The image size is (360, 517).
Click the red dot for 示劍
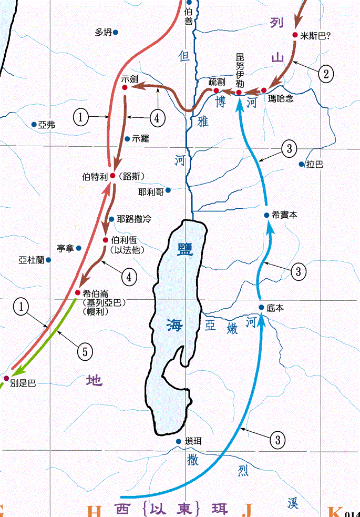(125, 88)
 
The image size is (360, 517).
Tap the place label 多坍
(103, 32)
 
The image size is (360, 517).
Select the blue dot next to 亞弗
(34, 125)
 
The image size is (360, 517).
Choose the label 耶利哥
(151, 191)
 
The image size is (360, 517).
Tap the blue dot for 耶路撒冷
(111, 219)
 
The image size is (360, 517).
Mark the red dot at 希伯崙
(78, 293)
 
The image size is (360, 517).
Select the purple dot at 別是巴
(6, 378)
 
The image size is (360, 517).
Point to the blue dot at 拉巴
(302, 164)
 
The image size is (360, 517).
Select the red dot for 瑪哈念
(264, 90)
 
